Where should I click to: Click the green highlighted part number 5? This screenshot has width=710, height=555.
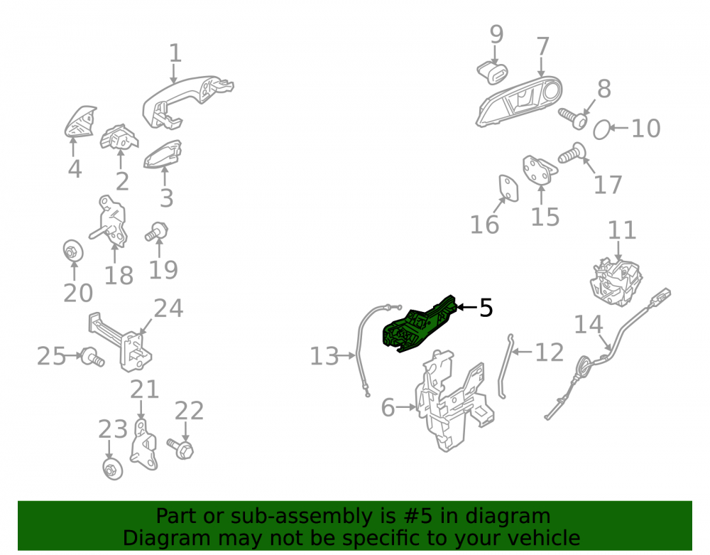click(x=417, y=325)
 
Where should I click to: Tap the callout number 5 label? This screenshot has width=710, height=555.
click(x=486, y=308)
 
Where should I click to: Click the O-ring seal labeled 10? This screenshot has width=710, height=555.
click(x=601, y=129)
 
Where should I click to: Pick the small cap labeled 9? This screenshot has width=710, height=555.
click(x=492, y=73)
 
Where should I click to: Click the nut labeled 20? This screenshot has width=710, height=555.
click(x=73, y=250)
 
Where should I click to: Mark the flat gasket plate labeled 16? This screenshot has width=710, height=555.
click(x=508, y=188)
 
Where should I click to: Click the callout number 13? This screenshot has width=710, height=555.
click(x=324, y=356)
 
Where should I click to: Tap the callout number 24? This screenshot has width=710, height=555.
click(x=168, y=308)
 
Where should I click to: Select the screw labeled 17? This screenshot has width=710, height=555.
click(x=571, y=153)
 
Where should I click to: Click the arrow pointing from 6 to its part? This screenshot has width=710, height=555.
click(x=405, y=407)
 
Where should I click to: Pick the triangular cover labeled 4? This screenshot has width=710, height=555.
click(x=80, y=122)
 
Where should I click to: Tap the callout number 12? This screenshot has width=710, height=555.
click(x=550, y=352)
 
